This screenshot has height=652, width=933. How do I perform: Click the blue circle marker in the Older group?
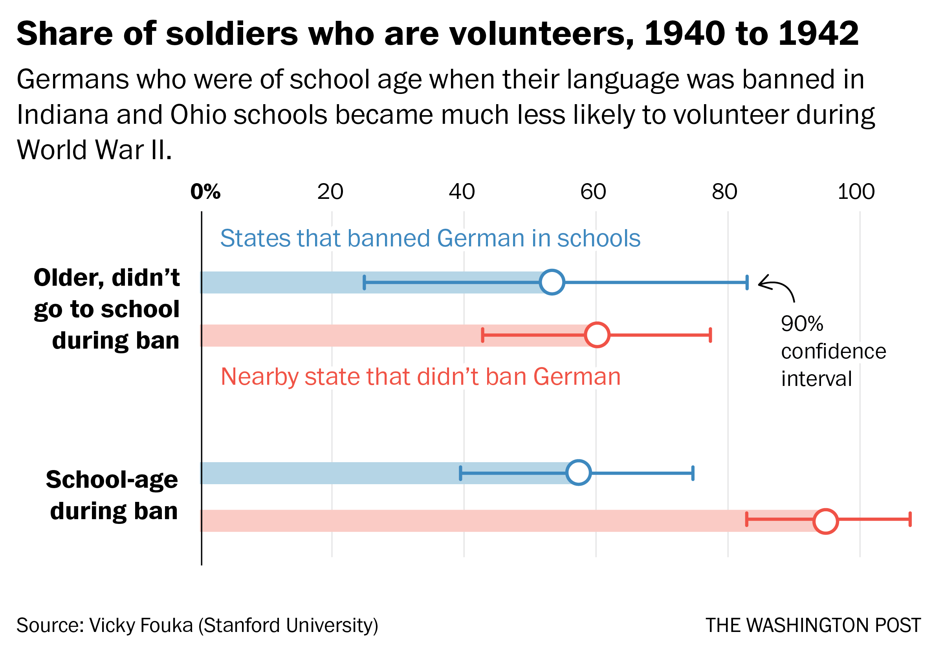click(x=552, y=282)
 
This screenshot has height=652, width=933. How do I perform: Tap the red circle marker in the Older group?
click(x=597, y=334)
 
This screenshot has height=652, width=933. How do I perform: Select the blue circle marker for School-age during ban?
click(x=578, y=472)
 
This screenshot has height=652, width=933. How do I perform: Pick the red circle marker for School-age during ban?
click(x=825, y=521)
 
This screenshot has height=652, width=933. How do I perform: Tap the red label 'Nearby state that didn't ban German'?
click(x=420, y=377)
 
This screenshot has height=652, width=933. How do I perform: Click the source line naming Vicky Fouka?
click(x=197, y=625)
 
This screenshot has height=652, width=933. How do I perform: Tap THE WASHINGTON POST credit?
click(x=813, y=625)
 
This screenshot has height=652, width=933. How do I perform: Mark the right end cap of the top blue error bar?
click(x=747, y=282)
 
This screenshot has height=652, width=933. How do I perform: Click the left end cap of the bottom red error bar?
click(x=746, y=519)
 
